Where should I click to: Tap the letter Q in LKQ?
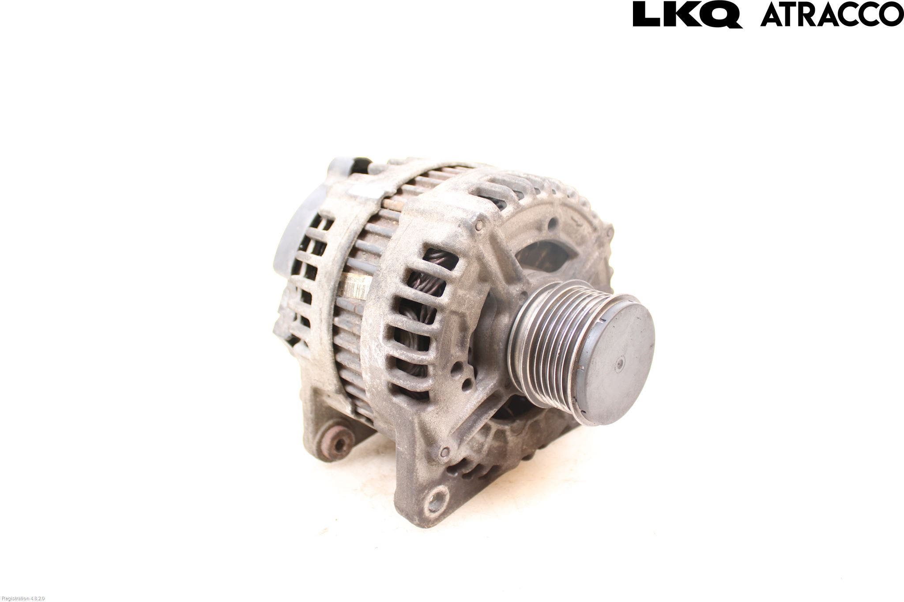[x=723, y=15]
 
